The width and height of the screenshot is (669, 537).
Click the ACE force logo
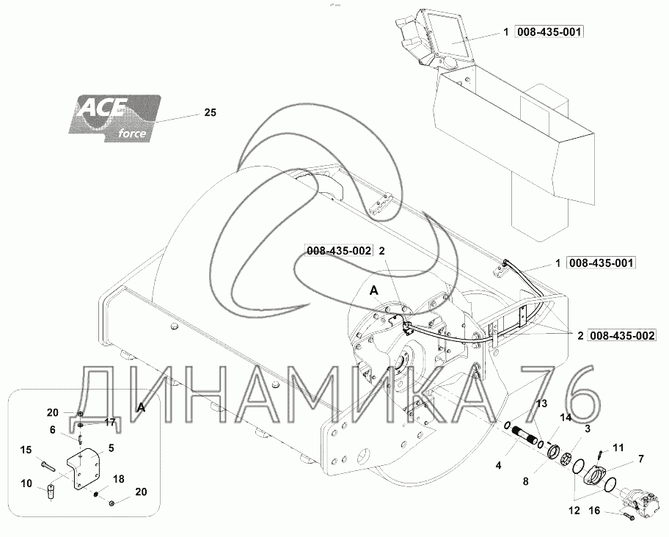[114, 116]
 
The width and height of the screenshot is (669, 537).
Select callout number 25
[211, 113]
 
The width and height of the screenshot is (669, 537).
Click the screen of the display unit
[446, 34]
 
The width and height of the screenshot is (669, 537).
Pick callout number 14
[565, 417]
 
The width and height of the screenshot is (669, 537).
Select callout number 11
[618, 447]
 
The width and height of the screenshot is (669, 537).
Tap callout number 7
[640, 459]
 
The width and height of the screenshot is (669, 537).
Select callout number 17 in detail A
[110, 422]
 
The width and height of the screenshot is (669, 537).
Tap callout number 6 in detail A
[53, 430]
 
